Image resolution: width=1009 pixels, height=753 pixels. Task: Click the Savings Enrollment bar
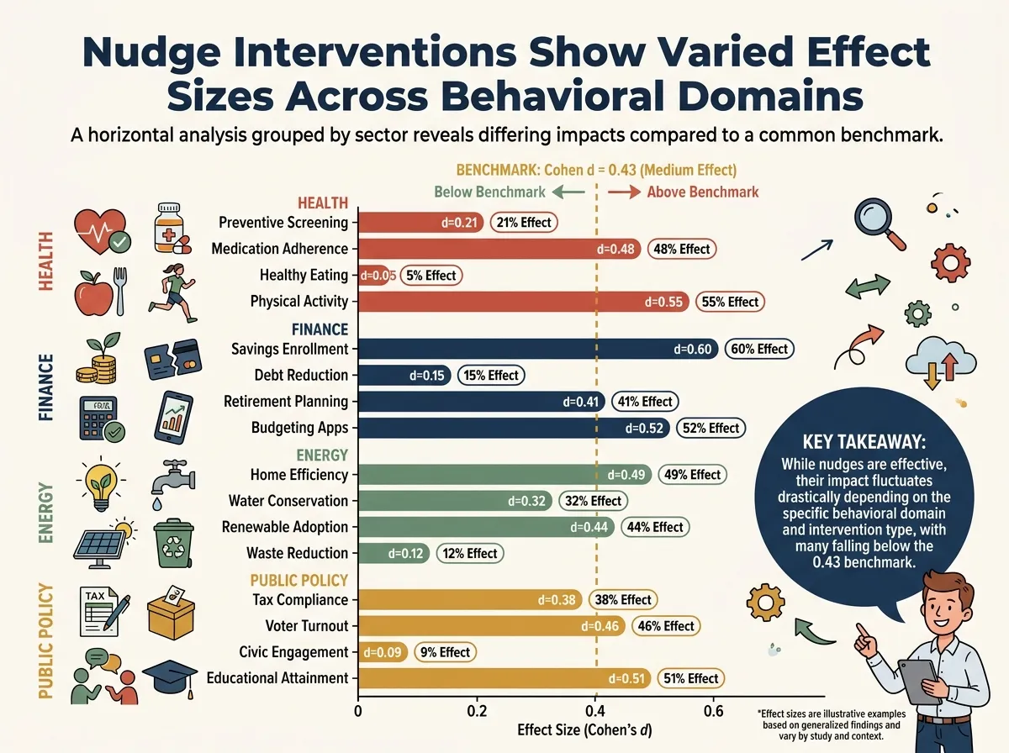tap(538, 349)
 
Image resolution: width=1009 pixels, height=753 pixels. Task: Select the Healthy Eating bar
tap(373, 275)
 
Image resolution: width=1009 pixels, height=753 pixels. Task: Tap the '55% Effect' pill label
tap(730, 302)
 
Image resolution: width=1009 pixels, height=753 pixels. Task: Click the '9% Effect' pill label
tap(445, 652)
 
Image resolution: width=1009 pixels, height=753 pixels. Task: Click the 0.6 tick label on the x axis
tap(713, 712)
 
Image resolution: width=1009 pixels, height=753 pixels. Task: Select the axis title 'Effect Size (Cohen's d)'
tap(584, 730)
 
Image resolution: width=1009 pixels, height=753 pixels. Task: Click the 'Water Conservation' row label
tap(288, 501)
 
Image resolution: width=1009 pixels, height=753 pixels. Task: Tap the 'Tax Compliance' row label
tap(300, 600)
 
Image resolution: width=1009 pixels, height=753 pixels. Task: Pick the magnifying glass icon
tap(879, 224)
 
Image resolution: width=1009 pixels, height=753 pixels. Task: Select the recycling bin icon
tap(173, 543)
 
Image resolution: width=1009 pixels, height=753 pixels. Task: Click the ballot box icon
tap(171, 613)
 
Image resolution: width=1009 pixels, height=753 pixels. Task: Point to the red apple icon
tap(93, 292)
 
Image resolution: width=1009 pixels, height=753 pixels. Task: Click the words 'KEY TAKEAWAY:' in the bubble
tap(864, 442)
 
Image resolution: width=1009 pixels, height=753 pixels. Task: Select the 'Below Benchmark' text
tap(489, 192)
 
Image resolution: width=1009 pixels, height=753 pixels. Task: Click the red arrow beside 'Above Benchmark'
tap(624, 192)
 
